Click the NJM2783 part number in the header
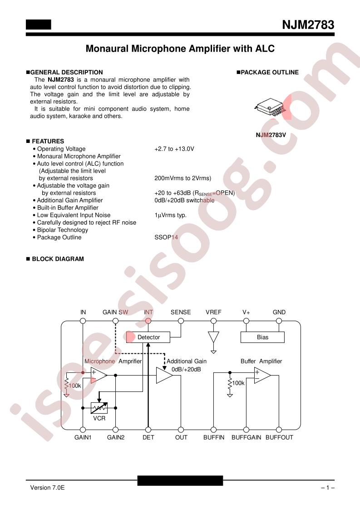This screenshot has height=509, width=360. point(308,24)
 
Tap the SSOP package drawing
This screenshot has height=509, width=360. point(270,107)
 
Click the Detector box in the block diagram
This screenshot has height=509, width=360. point(148,337)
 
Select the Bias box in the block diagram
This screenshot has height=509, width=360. point(262,337)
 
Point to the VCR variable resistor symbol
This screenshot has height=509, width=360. point(99,408)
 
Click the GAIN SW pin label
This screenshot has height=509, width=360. point(115,312)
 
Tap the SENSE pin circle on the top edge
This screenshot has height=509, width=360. point(181,321)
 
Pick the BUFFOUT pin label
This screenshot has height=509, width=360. point(280,438)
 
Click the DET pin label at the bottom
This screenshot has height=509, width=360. point(148,438)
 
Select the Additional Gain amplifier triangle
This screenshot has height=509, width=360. point(164,375)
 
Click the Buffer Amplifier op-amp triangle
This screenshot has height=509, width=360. point(262,375)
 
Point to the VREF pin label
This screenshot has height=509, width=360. point(213,312)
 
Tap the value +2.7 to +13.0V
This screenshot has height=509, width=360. point(174,149)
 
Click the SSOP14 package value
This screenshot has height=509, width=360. point(166,237)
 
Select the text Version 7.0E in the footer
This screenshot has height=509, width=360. point(47,488)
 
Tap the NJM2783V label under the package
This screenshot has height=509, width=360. point(271,135)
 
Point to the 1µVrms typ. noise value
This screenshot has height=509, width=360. point(171,215)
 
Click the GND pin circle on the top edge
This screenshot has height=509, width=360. point(279,321)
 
